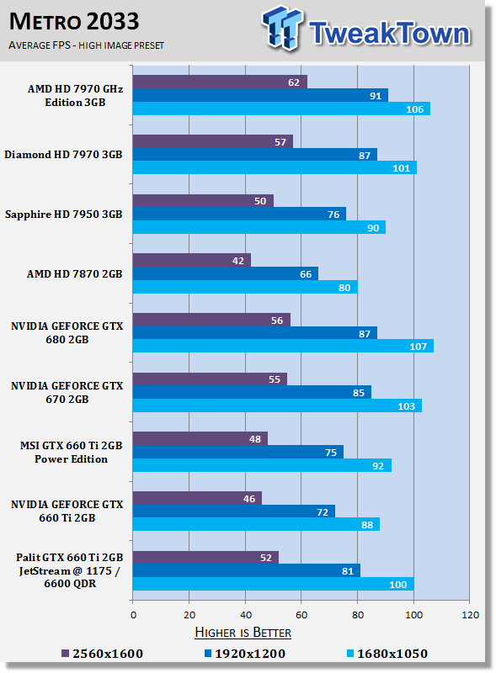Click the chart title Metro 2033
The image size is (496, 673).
pos(74,22)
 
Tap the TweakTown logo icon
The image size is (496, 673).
pos(281,28)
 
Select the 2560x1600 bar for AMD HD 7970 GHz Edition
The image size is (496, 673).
pos(220,82)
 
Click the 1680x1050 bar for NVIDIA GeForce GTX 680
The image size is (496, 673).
pos(283,346)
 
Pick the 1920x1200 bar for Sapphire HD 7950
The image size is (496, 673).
pos(239,214)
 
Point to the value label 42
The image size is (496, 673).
pos(237,261)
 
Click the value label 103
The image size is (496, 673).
pos(406,406)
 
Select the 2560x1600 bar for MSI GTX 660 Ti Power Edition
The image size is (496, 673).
pos(200,438)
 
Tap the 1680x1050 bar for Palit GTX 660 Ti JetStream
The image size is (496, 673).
pos(274,584)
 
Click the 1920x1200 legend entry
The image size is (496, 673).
pos(244,654)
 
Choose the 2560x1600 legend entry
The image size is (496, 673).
pos(102,654)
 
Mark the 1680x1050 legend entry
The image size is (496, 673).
pos(387,654)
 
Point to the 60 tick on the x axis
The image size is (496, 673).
pos(301,615)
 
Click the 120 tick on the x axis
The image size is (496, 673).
pos(470,615)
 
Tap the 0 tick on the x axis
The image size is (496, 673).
pos(133,615)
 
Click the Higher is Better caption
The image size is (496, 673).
pos(243,633)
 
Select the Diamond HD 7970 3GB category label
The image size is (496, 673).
pos(64,155)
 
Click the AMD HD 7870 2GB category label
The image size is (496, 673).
pos(75,274)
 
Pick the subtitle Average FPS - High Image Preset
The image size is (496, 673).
pos(87,45)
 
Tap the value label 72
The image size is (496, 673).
pos(323,512)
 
